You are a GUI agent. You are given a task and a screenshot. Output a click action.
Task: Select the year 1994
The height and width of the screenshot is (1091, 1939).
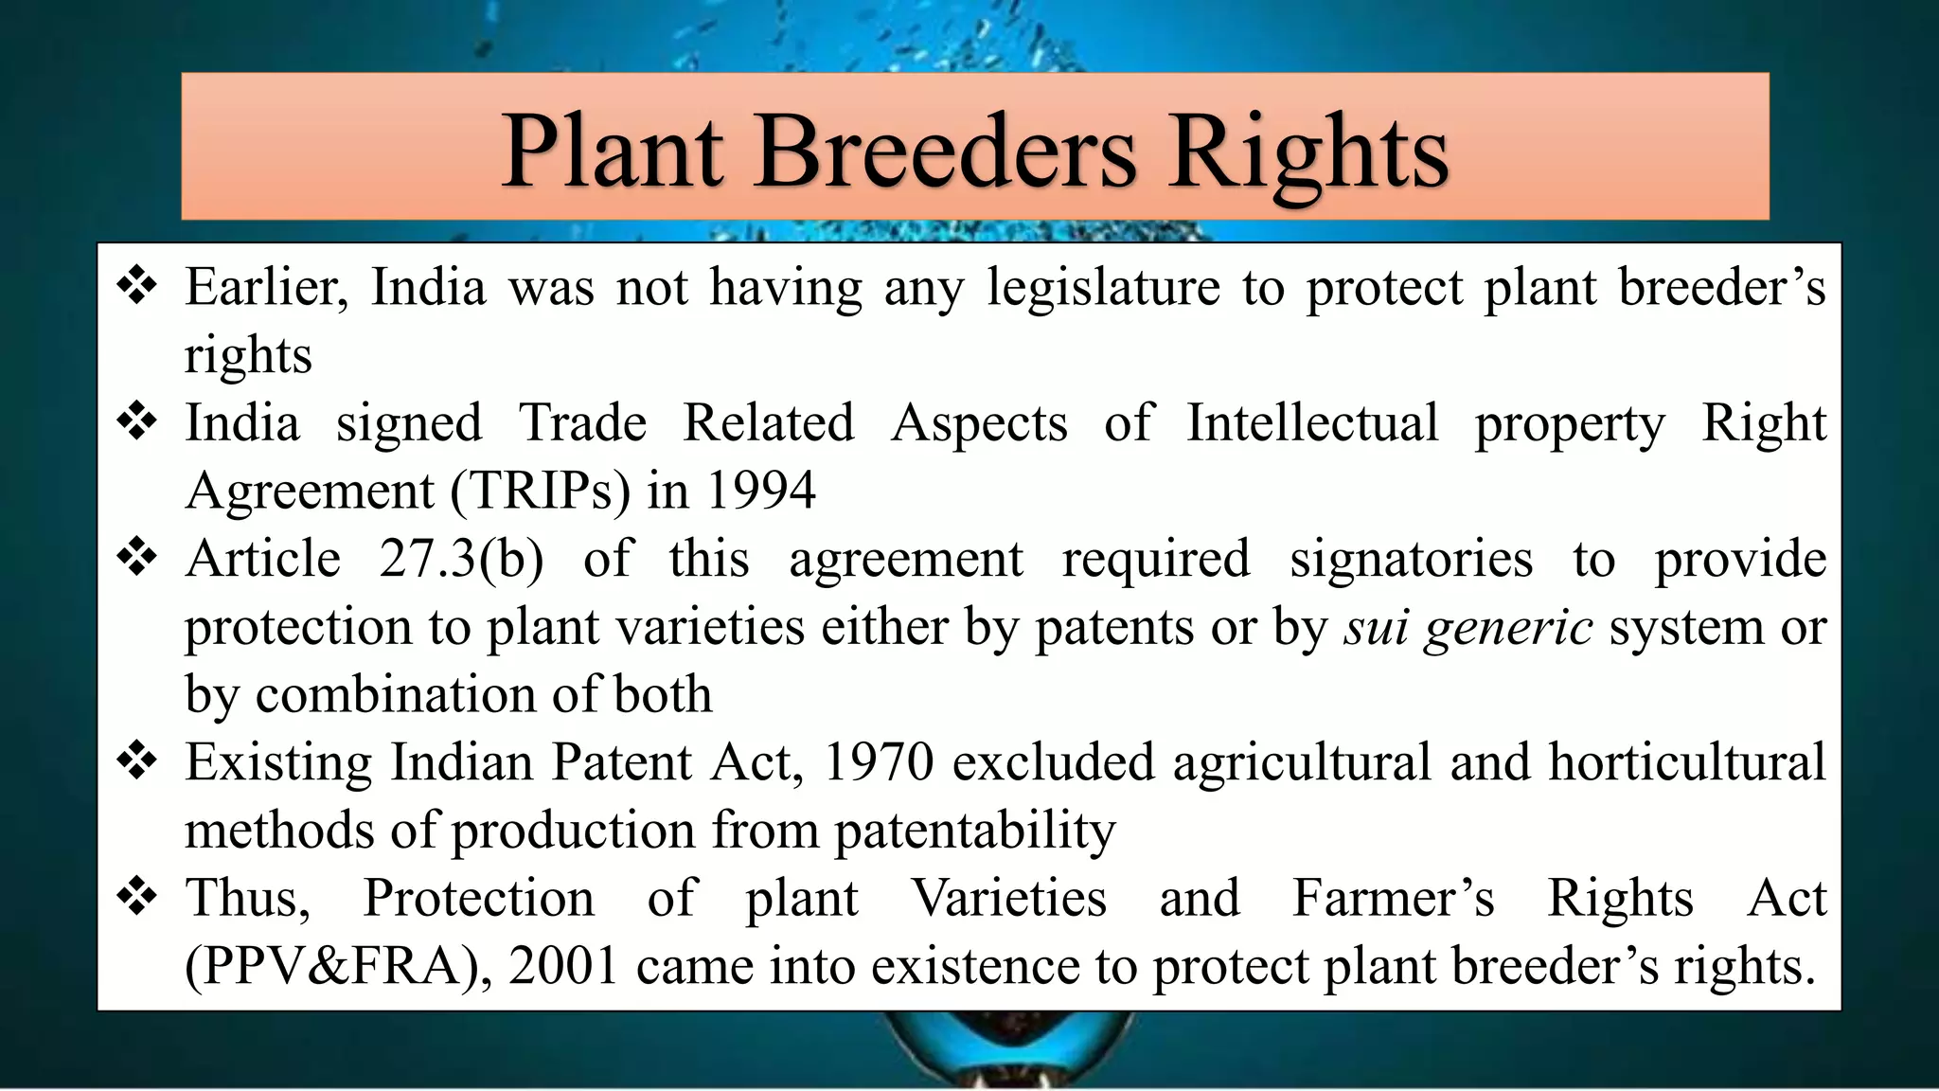click(760, 491)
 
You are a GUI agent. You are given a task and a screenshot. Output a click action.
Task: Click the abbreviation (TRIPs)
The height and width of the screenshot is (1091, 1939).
click(540, 491)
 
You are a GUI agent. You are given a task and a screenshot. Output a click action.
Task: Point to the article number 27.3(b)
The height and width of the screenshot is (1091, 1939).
click(461, 559)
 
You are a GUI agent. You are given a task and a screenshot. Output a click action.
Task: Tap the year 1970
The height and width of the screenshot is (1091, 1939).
click(879, 762)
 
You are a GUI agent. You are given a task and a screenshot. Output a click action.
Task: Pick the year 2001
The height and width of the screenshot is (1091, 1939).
click(563, 967)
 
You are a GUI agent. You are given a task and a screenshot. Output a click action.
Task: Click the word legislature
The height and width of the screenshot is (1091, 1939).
click(1104, 287)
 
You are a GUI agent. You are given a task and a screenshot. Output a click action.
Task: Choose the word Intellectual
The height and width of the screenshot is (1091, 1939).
click(1312, 422)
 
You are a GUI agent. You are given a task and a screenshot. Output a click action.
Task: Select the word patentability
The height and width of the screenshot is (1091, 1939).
click(974, 831)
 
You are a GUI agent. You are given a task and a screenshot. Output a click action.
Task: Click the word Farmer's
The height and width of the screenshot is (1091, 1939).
click(1394, 898)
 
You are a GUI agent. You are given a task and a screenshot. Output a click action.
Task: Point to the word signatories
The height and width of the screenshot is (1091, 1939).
click(1411, 559)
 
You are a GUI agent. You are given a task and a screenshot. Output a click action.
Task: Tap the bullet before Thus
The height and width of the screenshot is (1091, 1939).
click(137, 896)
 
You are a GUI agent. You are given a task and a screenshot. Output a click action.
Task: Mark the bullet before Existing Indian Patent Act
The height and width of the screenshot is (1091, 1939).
click(137, 760)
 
